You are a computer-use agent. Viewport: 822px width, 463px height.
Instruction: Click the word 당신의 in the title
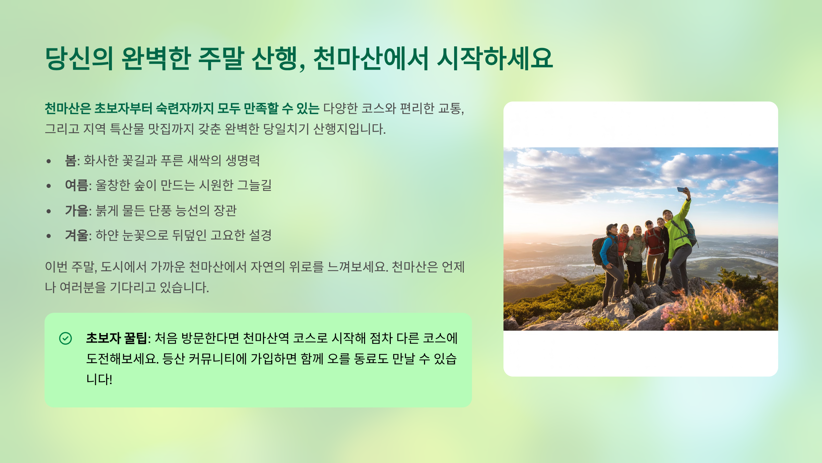click(x=79, y=58)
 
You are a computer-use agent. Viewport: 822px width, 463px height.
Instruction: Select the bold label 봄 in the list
click(x=71, y=161)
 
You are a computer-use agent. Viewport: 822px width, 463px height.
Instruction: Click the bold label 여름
click(x=76, y=185)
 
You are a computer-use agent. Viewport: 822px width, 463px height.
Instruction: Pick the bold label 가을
click(x=76, y=210)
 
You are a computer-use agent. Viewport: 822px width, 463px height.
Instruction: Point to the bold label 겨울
click(x=76, y=235)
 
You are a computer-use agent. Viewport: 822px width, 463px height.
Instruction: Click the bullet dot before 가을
click(x=49, y=211)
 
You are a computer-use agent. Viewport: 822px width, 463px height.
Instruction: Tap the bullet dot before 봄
click(x=49, y=161)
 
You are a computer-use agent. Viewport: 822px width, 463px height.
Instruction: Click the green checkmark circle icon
click(x=65, y=338)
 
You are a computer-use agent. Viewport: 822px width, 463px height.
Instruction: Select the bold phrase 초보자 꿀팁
click(x=116, y=338)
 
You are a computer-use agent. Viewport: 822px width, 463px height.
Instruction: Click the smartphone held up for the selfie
click(x=681, y=190)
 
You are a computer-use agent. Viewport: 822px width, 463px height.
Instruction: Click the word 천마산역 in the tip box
click(x=266, y=338)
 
